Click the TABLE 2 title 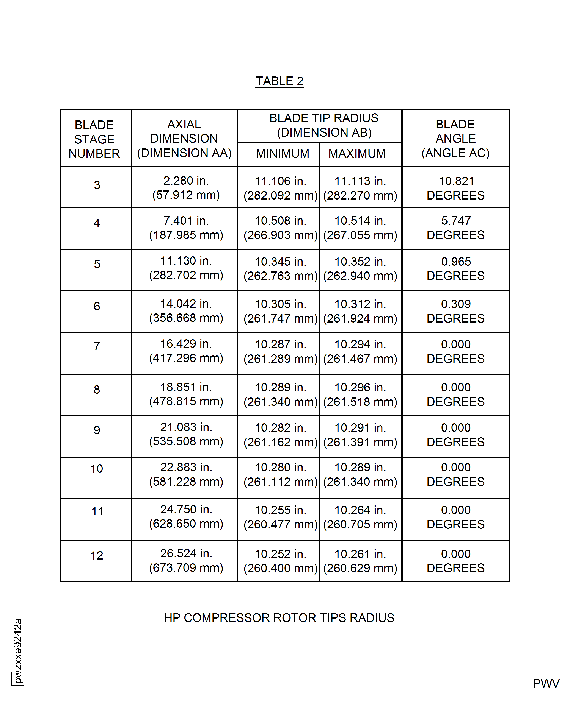point(280,81)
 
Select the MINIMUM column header point(282,154)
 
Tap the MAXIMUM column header point(357,154)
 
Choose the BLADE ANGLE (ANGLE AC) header point(455,139)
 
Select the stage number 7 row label point(97,346)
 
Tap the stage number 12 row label point(97,555)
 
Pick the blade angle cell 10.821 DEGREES point(455,188)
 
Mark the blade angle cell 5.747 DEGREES point(455,228)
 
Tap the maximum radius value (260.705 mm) point(360,524)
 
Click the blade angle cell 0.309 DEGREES point(455,311)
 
